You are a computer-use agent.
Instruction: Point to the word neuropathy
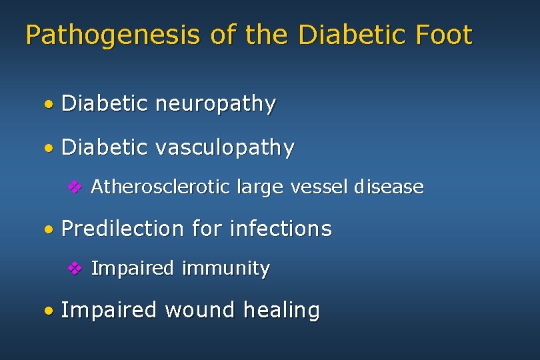[x=215, y=105]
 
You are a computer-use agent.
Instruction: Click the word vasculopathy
[x=225, y=147]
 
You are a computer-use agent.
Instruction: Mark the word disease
[x=389, y=187]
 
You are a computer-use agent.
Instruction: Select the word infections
[x=280, y=229]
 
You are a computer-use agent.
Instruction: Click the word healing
[x=281, y=311]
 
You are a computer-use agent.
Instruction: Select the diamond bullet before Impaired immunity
[x=75, y=269]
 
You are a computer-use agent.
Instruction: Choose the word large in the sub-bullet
[x=259, y=188]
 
